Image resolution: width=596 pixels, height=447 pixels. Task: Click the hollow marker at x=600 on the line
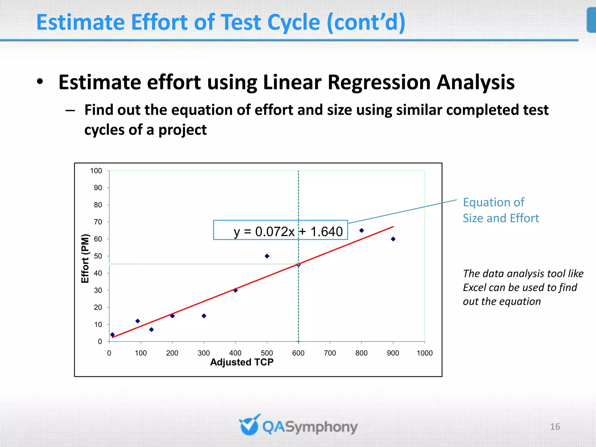pos(298,265)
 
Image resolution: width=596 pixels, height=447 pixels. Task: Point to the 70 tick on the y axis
pos(98,222)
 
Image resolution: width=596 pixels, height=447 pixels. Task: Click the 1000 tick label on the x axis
pos(425,353)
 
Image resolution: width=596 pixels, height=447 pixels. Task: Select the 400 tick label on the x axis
pos(235,353)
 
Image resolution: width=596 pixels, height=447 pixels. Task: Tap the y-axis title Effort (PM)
pos(85,258)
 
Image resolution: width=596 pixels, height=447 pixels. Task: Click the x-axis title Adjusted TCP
pos(242,362)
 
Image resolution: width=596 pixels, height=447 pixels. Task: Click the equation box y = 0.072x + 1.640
pos(281,230)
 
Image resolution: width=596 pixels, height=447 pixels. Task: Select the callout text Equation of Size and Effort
pos(501,210)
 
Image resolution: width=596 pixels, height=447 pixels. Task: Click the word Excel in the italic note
pos(475,288)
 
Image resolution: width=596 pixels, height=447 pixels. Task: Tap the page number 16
pos(555,427)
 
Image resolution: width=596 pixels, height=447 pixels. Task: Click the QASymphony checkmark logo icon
pos(249,425)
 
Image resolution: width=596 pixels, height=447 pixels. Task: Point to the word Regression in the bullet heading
pos(379,82)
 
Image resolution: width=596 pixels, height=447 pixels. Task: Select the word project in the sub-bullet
pos(182,130)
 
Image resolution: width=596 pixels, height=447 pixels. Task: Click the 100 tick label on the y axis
pos(96,171)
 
